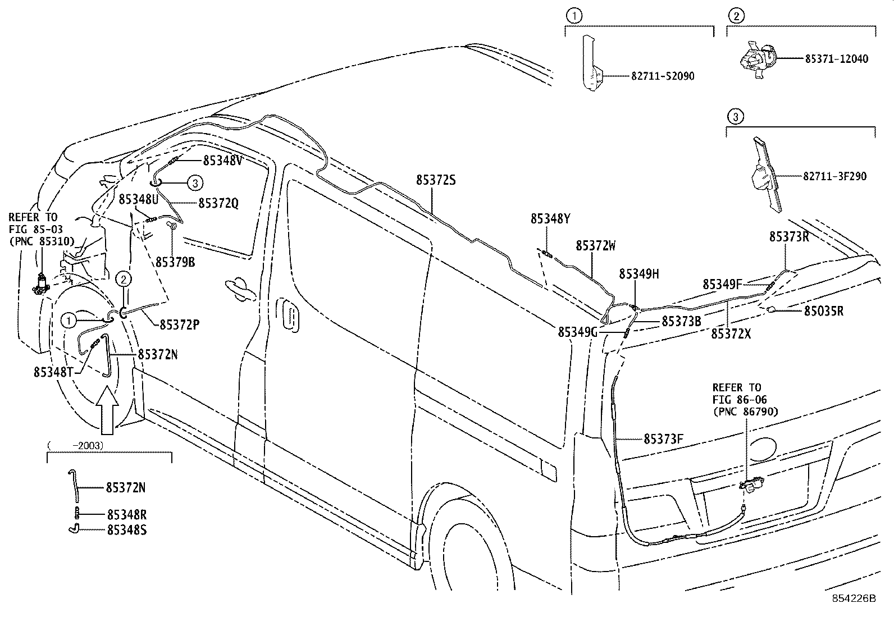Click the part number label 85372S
(x=436, y=180)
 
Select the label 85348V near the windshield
(x=222, y=161)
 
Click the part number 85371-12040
(x=836, y=58)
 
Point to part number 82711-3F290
(x=834, y=176)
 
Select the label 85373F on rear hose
(x=663, y=438)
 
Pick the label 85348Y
(x=550, y=219)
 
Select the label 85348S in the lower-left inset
(x=126, y=529)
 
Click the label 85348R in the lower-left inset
(x=126, y=514)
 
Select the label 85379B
(x=175, y=262)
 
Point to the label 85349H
(x=639, y=274)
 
